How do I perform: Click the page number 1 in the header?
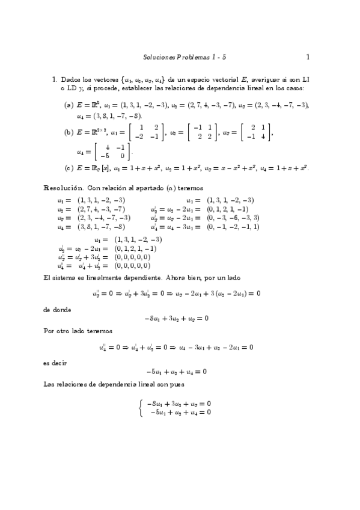[x=307, y=58]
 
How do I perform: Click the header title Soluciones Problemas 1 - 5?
[x=185, y=58]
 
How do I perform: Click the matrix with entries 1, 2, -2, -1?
[x=147, y=132]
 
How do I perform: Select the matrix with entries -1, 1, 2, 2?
[x=200, y=132]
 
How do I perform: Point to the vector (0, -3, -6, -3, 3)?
[x=233, y=218]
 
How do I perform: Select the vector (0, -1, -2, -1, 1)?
[x=233, y=227]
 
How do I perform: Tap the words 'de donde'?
[x=57, y=309]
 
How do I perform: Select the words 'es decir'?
[x=56, y=362]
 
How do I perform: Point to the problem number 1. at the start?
[x=54, y=79]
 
